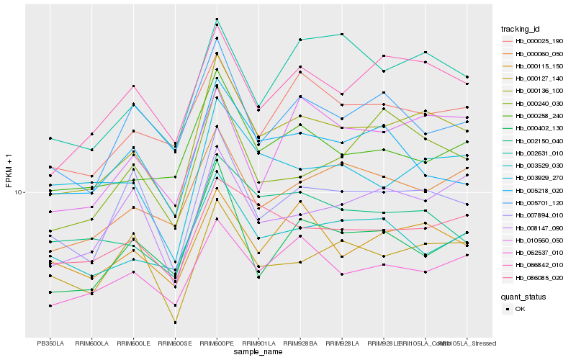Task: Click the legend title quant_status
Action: click(x=523, y=296)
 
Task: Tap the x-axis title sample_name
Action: click(x=258, y=352)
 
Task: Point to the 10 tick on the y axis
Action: click(x=19, y=193)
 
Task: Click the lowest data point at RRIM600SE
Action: click(x=176, y=322)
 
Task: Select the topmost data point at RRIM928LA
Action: click(x=342, y=35)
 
